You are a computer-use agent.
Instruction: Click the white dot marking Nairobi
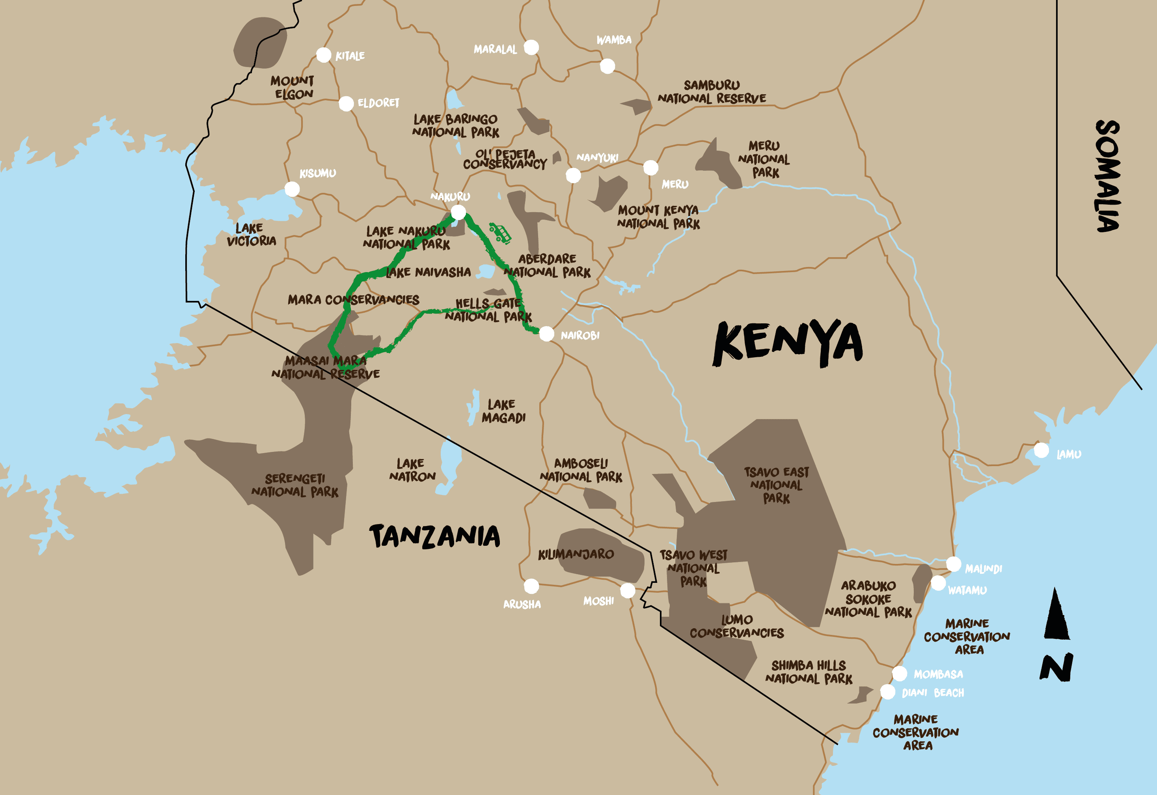point(547,334)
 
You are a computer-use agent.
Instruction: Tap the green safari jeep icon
point(500,233)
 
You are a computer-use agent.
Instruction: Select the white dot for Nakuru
point(458,213)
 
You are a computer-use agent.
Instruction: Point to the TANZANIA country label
point(434,536)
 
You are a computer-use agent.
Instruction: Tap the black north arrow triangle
point(1056,616)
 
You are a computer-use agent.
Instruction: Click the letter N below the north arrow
point(1056,668)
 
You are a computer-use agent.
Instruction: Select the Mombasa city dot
point(899,674)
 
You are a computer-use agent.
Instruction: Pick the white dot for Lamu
point(1041,450)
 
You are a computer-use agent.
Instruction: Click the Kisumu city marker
point(292,189)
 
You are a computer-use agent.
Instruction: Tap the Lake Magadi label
point(503,411)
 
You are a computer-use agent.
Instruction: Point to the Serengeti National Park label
point(295,485)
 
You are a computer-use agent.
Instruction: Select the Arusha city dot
point(531,586)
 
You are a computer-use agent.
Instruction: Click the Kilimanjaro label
point(576,554)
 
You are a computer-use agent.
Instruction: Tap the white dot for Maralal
point(531,47)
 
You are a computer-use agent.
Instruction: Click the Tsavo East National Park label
point(776,485)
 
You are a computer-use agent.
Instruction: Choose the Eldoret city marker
point(346,104)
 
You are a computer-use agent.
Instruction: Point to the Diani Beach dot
point(887,692)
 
